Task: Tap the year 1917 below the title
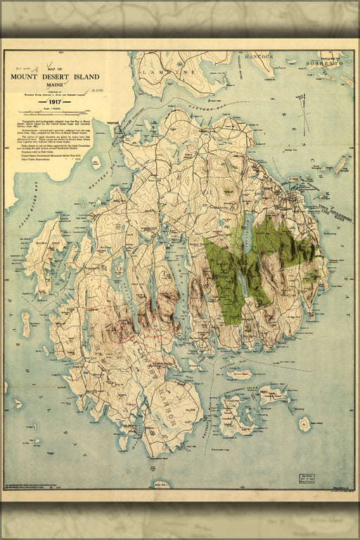tap(55, 101)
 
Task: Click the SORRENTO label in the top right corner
tap(324, 63)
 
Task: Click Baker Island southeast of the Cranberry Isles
tap(304, 424)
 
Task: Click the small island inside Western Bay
tap(96, 163)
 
